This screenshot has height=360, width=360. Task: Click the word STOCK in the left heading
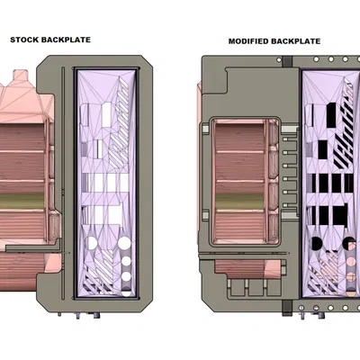click(x=25, y=40)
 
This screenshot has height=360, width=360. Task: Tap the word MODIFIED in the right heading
click(x=248, y=41)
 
